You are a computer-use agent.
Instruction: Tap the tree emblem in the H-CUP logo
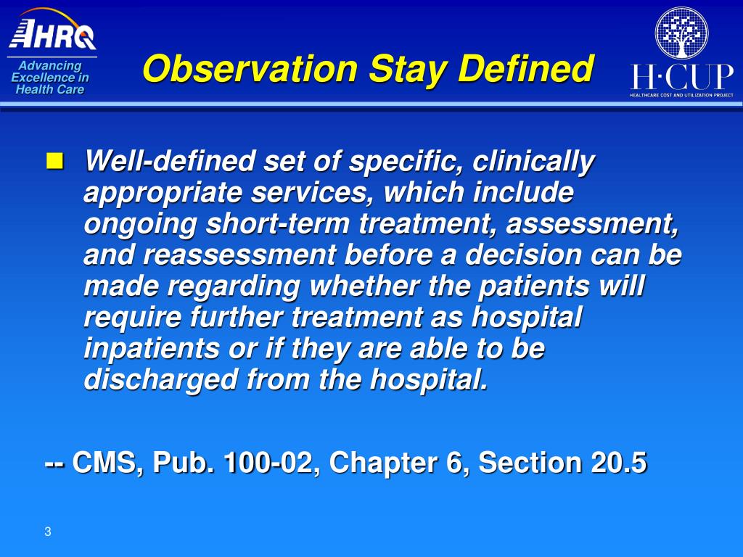(x=681, y=33)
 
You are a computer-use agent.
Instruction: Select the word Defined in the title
(x=525, y=69)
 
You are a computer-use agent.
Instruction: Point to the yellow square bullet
(x=54, y=161)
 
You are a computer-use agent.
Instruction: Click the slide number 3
(x=47, y=532)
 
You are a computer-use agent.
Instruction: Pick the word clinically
(x=533, y=162)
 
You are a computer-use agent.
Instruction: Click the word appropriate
(x=163, y=193)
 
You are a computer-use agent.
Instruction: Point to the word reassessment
(x=239, y=255)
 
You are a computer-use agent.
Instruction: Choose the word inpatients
(x=152, y=349)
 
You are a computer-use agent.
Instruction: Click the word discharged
(x=160, y=380)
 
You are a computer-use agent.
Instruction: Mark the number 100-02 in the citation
(x=268, y=462)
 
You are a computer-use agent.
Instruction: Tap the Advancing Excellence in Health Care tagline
(x=50, y=77)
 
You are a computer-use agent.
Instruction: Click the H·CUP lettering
(x=681, y=77)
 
